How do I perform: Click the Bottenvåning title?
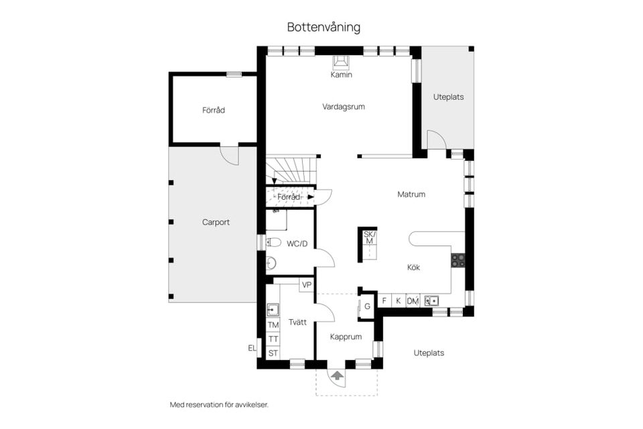click(324, 27)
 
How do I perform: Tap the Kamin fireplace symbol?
click(342, 62)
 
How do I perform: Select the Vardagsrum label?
click(343, 107)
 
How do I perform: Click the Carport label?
click(216, 222)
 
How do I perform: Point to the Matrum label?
click(411, 194)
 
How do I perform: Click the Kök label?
click(413, 267)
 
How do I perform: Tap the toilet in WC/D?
click(273, 243)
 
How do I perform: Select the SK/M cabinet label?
click(368, 237)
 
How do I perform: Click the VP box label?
click(307, 285)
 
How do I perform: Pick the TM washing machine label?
click(273, 325)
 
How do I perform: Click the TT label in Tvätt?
click(273, 339)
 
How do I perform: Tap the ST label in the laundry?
click(273, 353)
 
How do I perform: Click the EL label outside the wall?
click(252, 348)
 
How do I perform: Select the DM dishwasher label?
click(413, 302)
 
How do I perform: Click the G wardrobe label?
click(367, 306)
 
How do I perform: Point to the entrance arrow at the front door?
click(337, 376)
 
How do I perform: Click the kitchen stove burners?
click(458, 260)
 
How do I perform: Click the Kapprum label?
click(346, 337)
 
